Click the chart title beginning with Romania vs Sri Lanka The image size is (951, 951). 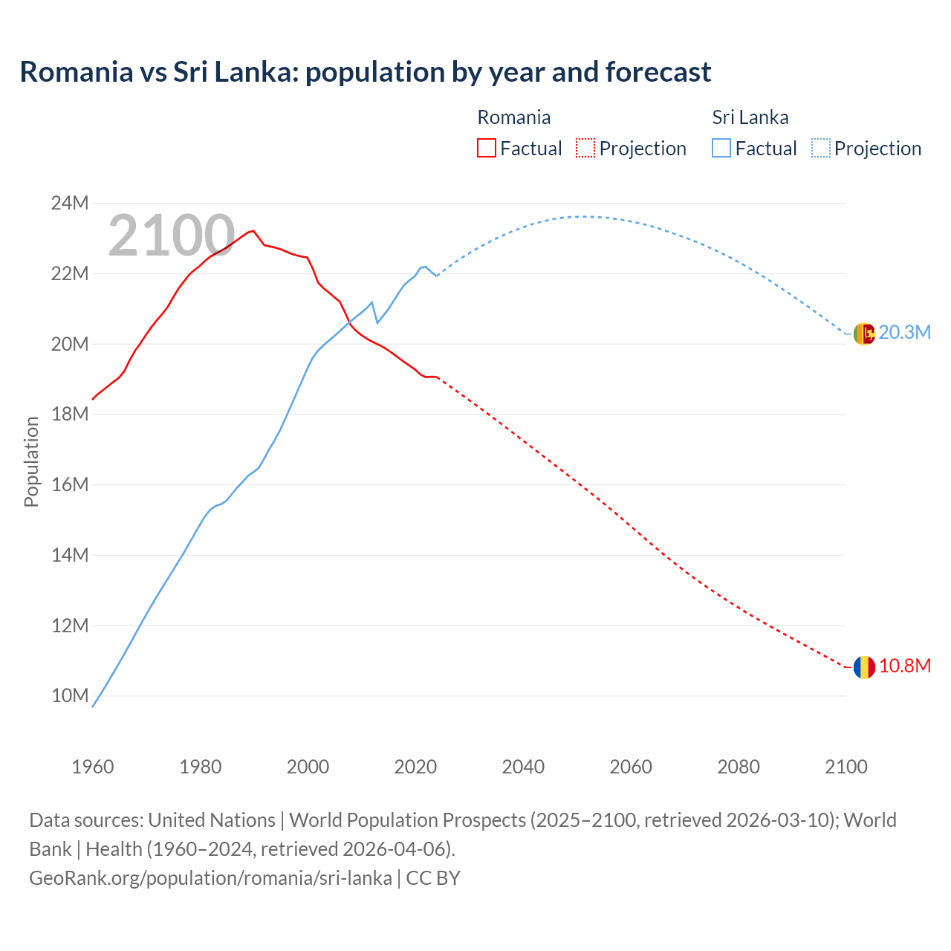point(365,72)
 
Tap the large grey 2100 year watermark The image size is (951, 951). point(172,236)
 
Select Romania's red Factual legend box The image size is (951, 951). point(486,148)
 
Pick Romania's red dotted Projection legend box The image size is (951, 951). point(585,148)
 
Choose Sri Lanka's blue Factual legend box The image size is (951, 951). point(721,148)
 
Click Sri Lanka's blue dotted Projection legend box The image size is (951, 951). point(821,148)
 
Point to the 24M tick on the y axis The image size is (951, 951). point(70,203)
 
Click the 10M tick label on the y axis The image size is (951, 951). point(70,696)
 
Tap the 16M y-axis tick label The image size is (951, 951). point(70,484)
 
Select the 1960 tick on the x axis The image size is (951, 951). point(93,767)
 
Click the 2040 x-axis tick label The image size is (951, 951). point(523,767)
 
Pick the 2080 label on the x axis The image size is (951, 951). point(739,767)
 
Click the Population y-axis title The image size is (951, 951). point(31,461)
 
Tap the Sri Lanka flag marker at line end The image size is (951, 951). point(864,334)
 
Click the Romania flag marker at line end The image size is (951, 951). point(864,667)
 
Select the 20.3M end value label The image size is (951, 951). point(904,333)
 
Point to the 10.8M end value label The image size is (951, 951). point(904,666)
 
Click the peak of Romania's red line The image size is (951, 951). point(253,230)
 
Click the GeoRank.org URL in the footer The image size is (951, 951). point(210,878)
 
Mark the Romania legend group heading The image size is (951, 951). point(513,117)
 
